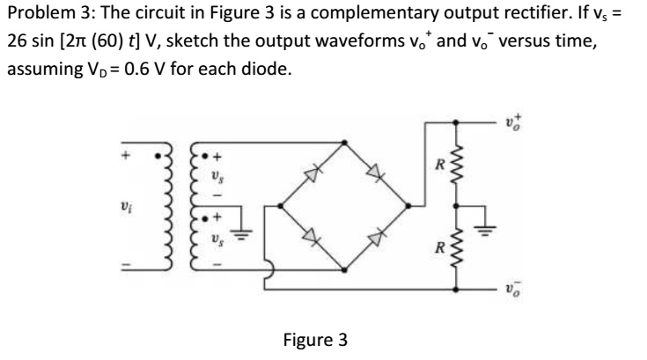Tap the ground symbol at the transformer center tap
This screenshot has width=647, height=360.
point(247,236)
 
